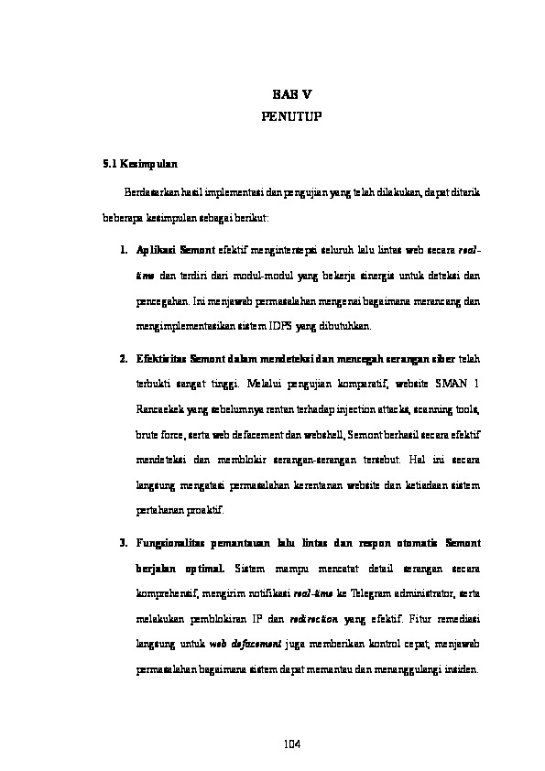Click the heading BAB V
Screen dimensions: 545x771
click(x=292, y=95)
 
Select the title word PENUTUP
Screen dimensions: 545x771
click(x=292, y=117)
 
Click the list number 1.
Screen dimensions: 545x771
click(x=123, y=248)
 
